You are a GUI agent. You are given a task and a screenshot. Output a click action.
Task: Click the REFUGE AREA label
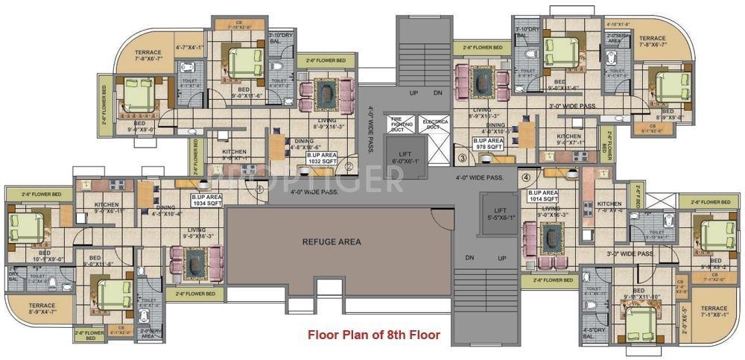click(x=332, y=241)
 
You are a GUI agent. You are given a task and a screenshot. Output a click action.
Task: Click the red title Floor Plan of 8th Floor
click(x=374, y=335)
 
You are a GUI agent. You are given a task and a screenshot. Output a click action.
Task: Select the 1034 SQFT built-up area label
click(x=208, y=200)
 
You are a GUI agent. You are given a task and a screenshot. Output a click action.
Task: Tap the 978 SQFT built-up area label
click(x=490, y=143)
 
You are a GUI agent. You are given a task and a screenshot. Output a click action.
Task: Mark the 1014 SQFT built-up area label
click(x=544, y=196)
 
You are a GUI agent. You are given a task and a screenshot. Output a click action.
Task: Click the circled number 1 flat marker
click(x=259, y=189)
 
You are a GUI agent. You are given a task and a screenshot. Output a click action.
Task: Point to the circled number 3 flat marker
click(x=462, y=158)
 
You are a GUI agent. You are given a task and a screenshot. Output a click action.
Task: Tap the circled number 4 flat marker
click(x=526, y=177)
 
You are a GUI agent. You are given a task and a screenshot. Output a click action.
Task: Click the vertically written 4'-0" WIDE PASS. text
click(x=371, y=130)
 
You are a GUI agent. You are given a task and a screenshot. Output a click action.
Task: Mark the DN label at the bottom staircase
click(x=469, y=257)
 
